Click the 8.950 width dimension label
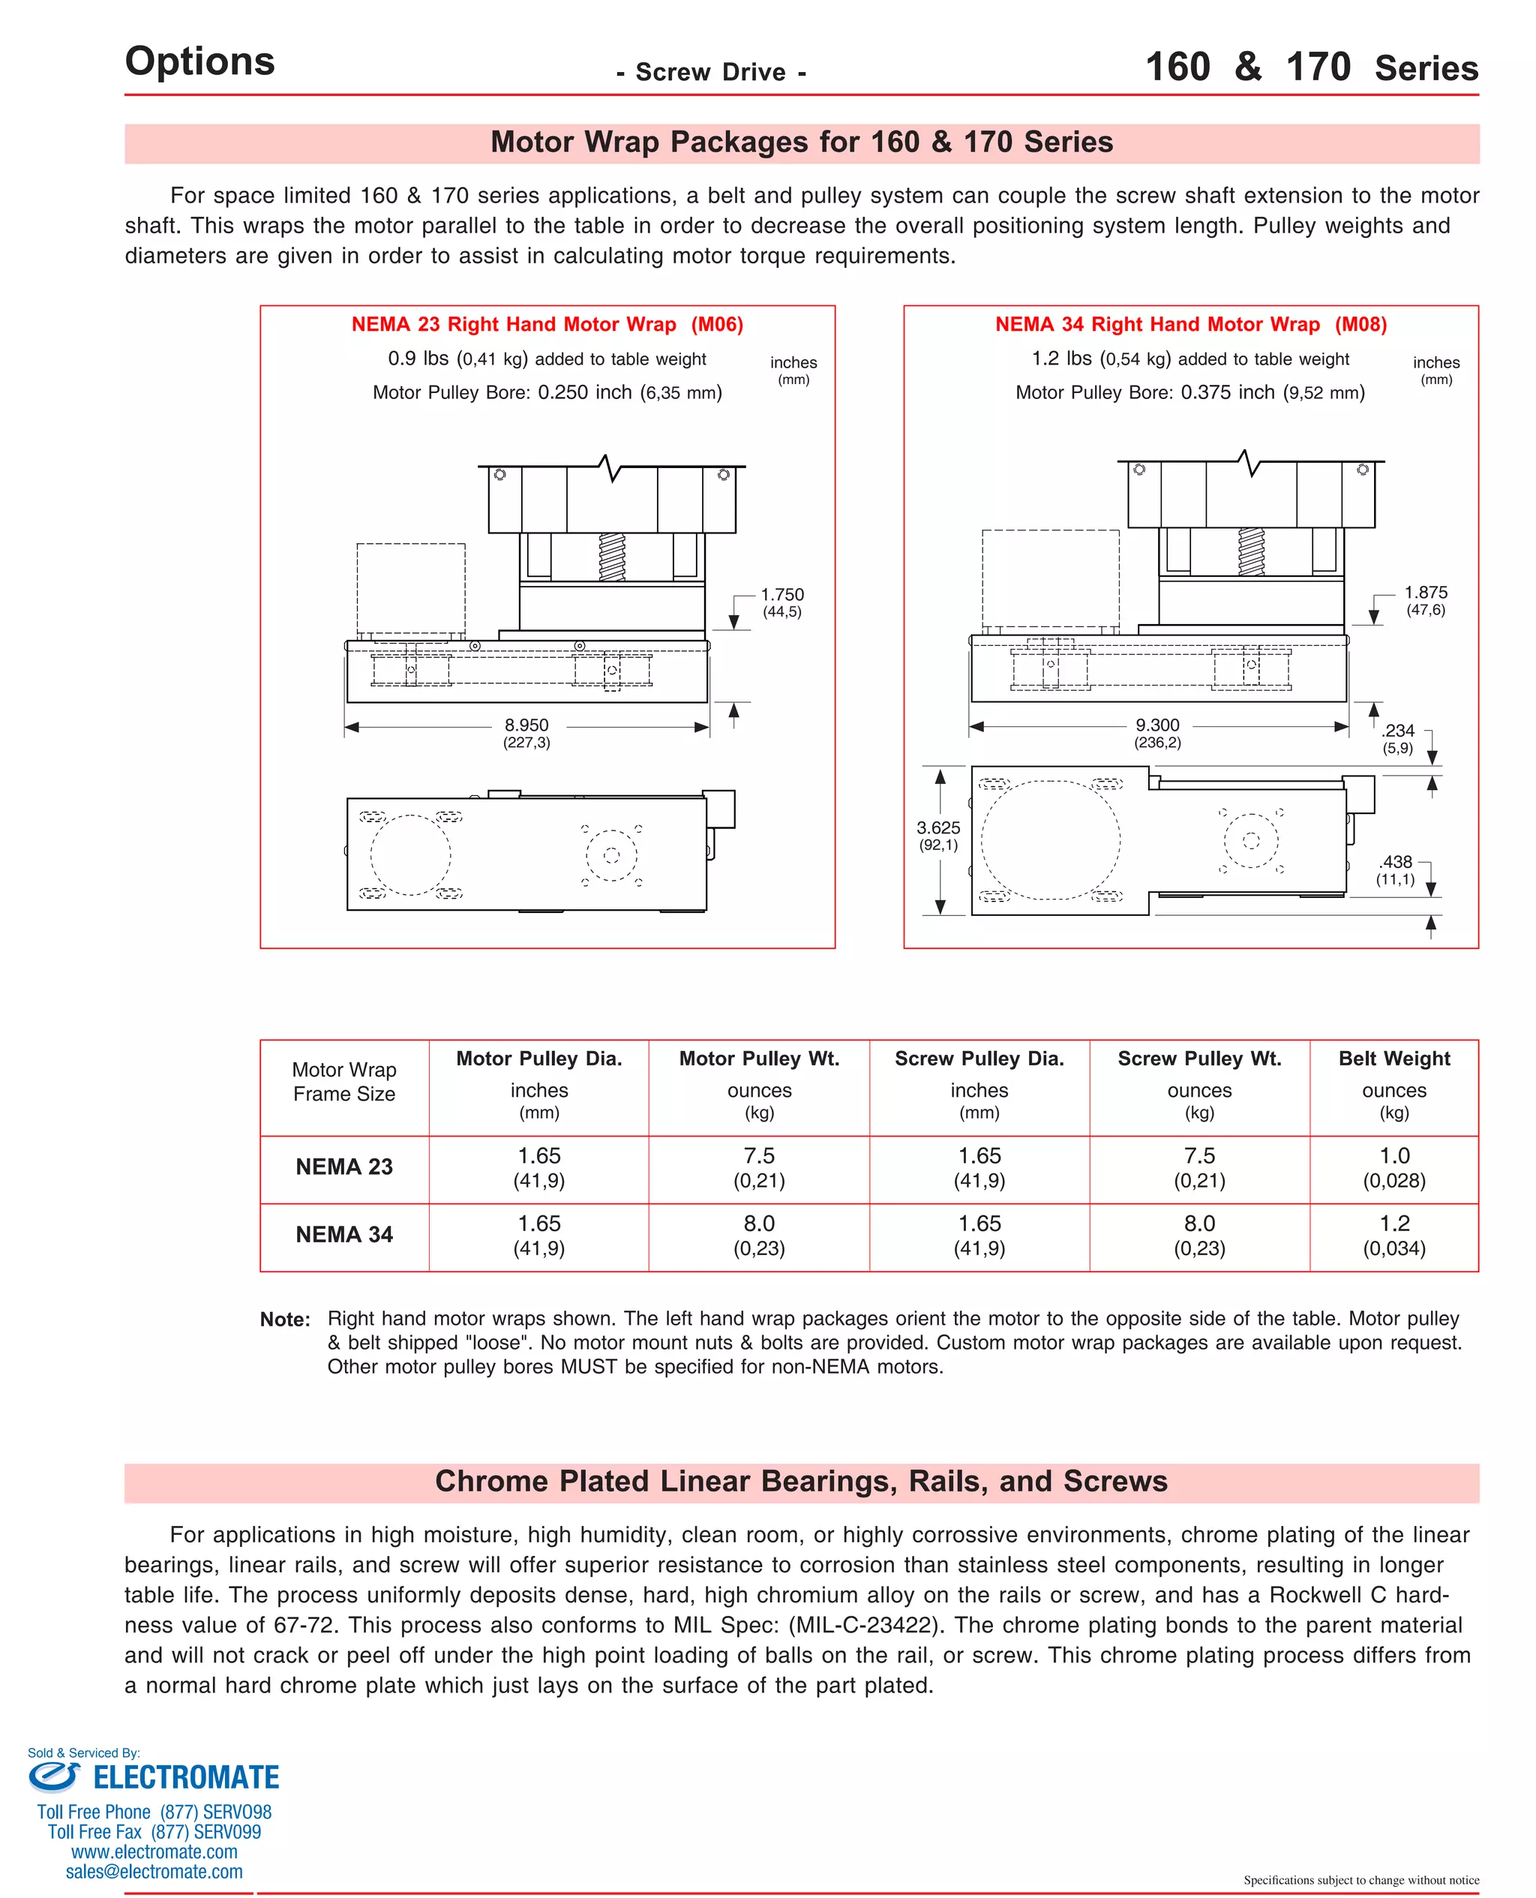(526, 725)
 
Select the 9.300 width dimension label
(1157, 725)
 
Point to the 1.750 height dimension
(782, 595)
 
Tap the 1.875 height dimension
(1426, 593)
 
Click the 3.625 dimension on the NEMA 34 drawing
(938, 827)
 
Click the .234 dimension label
(1398, 731)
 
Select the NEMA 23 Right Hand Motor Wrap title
(513, 325)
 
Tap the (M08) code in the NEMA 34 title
(1360, 325)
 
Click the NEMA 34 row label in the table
(344, 1234)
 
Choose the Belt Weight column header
(1393, 1059)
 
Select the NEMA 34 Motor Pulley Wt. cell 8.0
(759, 1224)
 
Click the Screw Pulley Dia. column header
(979, 1059)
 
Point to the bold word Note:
(285, 1320)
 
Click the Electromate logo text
(186, 1778)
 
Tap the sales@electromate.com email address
(154, 1872)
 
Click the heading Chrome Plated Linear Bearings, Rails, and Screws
(801, 1481)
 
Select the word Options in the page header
(200, 61)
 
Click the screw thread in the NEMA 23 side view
(611, 556)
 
